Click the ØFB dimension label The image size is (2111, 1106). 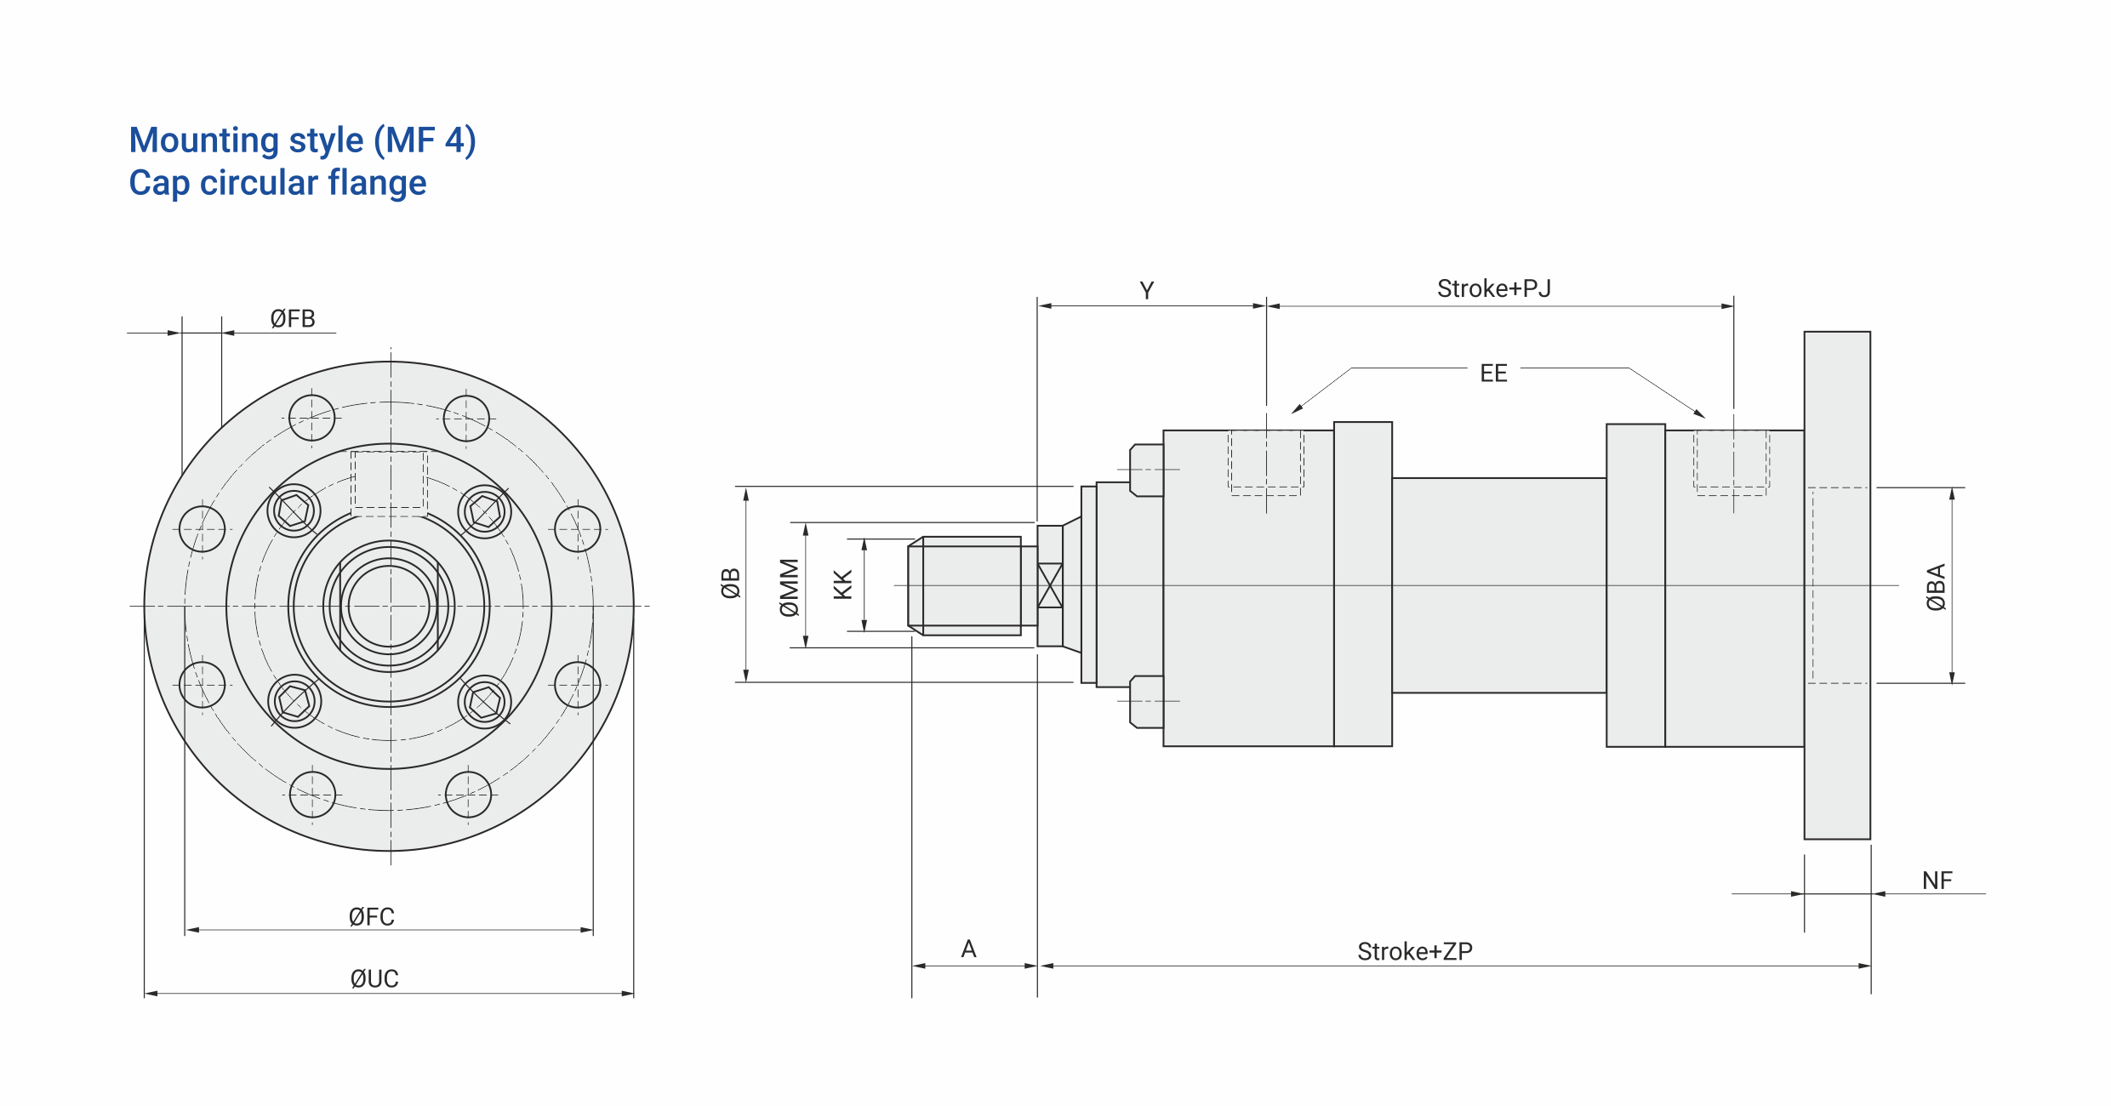coord(293,319)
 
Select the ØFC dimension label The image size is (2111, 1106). coord(372,917)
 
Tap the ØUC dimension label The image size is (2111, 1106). coord(374,979)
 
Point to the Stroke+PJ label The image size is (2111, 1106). coord(1494,288)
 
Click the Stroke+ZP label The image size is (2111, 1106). coord(1415,951)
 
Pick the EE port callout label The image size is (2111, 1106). coord(1493,373)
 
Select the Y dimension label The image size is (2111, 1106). coord(1147,291)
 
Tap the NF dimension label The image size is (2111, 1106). coord(1937,881)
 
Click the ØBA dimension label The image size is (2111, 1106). coord(1936,587)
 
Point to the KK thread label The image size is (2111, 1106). coord(842,585)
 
